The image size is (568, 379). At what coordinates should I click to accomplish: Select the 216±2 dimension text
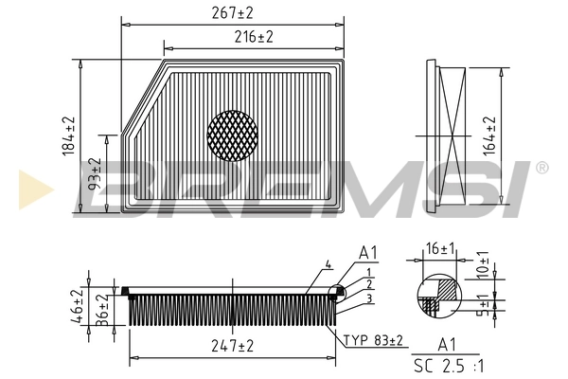pos(253,37)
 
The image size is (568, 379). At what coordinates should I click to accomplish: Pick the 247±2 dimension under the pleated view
pos(234,348)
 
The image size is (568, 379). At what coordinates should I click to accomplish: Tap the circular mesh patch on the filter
pos(232,135)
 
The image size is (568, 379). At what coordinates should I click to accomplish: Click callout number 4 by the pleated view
pos(328,263)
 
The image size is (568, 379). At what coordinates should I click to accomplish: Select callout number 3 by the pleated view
pos(367,299)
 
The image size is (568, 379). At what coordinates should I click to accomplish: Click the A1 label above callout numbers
pos(368,254)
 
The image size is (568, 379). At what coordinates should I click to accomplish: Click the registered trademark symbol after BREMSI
pos(541,167)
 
